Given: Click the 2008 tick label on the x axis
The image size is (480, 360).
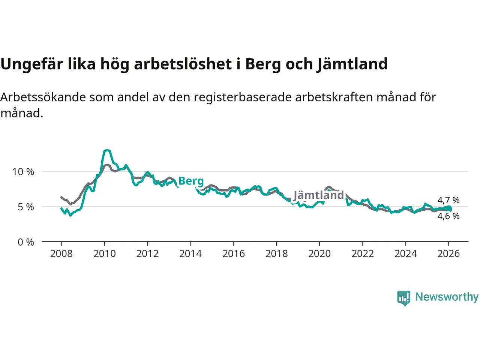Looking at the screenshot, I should (x=61, y=254).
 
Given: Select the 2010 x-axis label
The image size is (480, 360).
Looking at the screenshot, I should (x=105, y=254).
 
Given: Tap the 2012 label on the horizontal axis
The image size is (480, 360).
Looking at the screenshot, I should (x=147, y=254).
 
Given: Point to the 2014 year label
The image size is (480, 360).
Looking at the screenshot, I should (x=190, y=254).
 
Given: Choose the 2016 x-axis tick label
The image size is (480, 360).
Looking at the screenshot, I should (x=234, y=254).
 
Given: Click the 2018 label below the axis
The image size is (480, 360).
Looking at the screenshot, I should (x=276, y=254).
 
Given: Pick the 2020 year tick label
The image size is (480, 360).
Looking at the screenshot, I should (x=319, y=254).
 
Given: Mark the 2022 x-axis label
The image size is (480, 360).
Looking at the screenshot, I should (x=363, y=254).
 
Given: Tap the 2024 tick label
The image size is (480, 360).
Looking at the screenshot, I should (x=405, y=254).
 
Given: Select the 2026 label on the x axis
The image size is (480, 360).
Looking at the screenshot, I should (x=448, y=254).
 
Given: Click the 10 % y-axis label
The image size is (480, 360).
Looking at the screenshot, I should (x=23, y=172).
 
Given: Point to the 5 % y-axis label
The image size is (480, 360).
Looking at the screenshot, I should (x=26, y=207).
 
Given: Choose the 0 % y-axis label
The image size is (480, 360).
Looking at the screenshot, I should (x=26, y=242).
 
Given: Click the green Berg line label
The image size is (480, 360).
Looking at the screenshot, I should (x=191, y=181).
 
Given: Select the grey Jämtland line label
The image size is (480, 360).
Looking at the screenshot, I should (x=318, y=195).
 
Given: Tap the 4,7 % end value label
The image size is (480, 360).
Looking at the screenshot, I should (x=448, y=200).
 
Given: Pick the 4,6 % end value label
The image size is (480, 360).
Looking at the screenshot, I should (x=448, y=216).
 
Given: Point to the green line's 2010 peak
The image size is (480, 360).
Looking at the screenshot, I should (x=107, y=150).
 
